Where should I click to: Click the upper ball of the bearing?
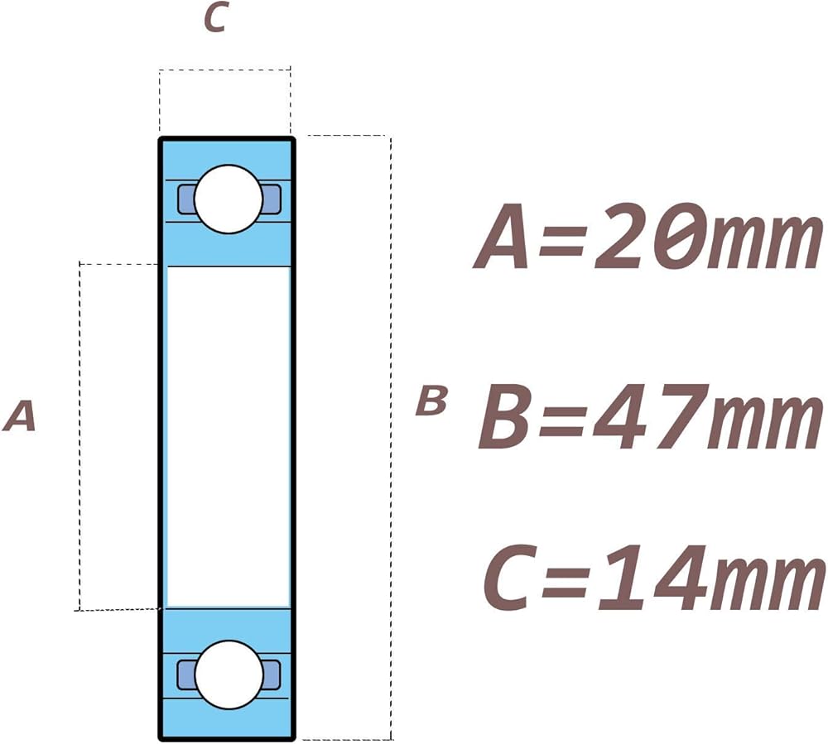229,199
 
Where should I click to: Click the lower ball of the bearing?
229,674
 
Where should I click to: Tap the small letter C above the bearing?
215,19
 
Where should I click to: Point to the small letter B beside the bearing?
431,401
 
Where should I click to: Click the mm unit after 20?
762,243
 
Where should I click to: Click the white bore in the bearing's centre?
229,436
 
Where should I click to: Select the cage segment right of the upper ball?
272,199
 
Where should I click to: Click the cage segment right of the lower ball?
272,674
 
